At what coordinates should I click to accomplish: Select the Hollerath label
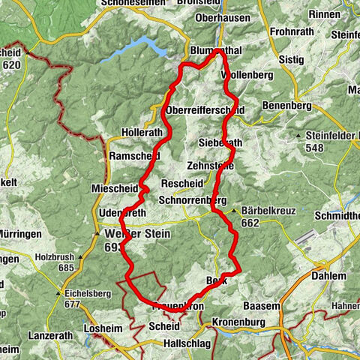142,132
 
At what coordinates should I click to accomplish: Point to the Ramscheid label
133,155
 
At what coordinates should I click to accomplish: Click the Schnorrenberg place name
193,201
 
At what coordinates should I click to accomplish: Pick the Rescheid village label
181,184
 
